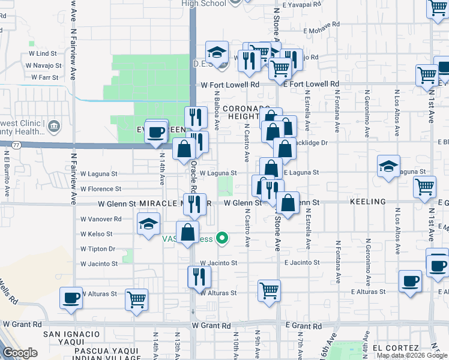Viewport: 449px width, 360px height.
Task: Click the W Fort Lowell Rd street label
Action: (230, 85)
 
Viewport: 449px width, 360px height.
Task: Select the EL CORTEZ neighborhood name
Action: (394, 348)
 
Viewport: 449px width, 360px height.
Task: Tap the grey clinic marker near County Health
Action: (54, 126)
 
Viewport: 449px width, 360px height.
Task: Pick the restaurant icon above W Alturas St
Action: (199, 277)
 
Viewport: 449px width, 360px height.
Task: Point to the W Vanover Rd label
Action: (101, 219)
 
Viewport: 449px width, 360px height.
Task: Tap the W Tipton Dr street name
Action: (97, 248)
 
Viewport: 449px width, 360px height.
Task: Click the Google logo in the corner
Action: (20, 353)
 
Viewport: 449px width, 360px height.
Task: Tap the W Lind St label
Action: (42, 53)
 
